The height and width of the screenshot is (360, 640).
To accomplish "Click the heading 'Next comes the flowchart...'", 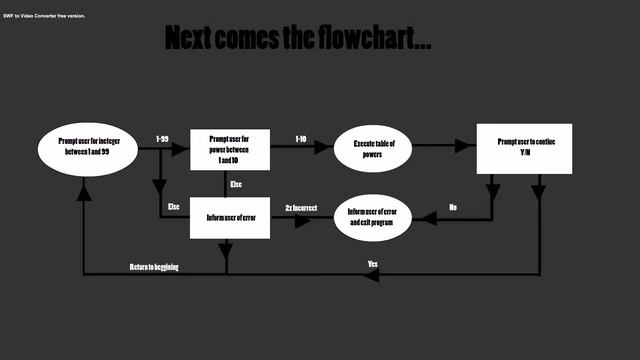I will click(298, 39).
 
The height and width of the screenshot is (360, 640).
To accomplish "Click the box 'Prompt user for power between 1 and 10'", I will click(230, 148).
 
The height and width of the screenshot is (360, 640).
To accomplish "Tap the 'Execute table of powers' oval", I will click(374, 148).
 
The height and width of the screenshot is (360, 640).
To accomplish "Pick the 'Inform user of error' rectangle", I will click(230, 217).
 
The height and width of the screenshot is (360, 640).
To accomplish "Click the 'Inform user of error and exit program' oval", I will click(373, 217).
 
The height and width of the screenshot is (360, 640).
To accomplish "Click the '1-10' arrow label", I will click(301, 138).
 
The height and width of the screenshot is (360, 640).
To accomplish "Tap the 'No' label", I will click(453, 207).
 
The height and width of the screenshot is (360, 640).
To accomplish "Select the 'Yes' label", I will click(372, 264).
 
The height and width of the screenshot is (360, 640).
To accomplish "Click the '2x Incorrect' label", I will click(301, 207).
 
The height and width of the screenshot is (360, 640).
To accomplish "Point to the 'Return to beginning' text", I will click(154, 267).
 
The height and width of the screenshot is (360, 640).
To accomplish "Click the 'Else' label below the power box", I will click(236, 185).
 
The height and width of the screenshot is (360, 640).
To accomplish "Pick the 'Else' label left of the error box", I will click(173, 207).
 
